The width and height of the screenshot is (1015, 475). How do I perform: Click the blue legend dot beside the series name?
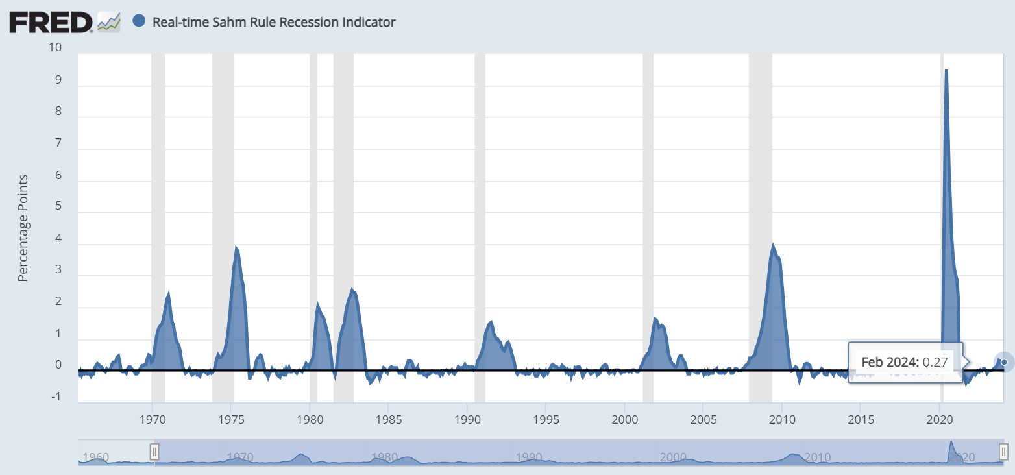coord(138,21)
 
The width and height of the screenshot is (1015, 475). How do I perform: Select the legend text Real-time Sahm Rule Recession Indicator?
coord(274,22)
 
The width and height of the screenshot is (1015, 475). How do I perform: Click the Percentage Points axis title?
coord(23,228)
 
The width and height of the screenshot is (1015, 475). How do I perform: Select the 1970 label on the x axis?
coord(152,415)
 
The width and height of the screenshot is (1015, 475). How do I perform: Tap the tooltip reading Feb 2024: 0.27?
coord(906,361)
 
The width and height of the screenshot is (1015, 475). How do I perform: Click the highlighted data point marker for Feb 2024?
coord(1004,361)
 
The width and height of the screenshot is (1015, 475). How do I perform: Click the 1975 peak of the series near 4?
coord(236,248)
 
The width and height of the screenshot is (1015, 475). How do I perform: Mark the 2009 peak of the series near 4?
coord(773,245)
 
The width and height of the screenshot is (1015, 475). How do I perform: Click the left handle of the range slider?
coord(154,452)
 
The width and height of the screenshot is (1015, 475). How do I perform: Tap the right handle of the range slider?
coord(1003,452)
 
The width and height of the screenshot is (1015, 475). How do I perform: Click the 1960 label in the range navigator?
coord(96,457)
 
